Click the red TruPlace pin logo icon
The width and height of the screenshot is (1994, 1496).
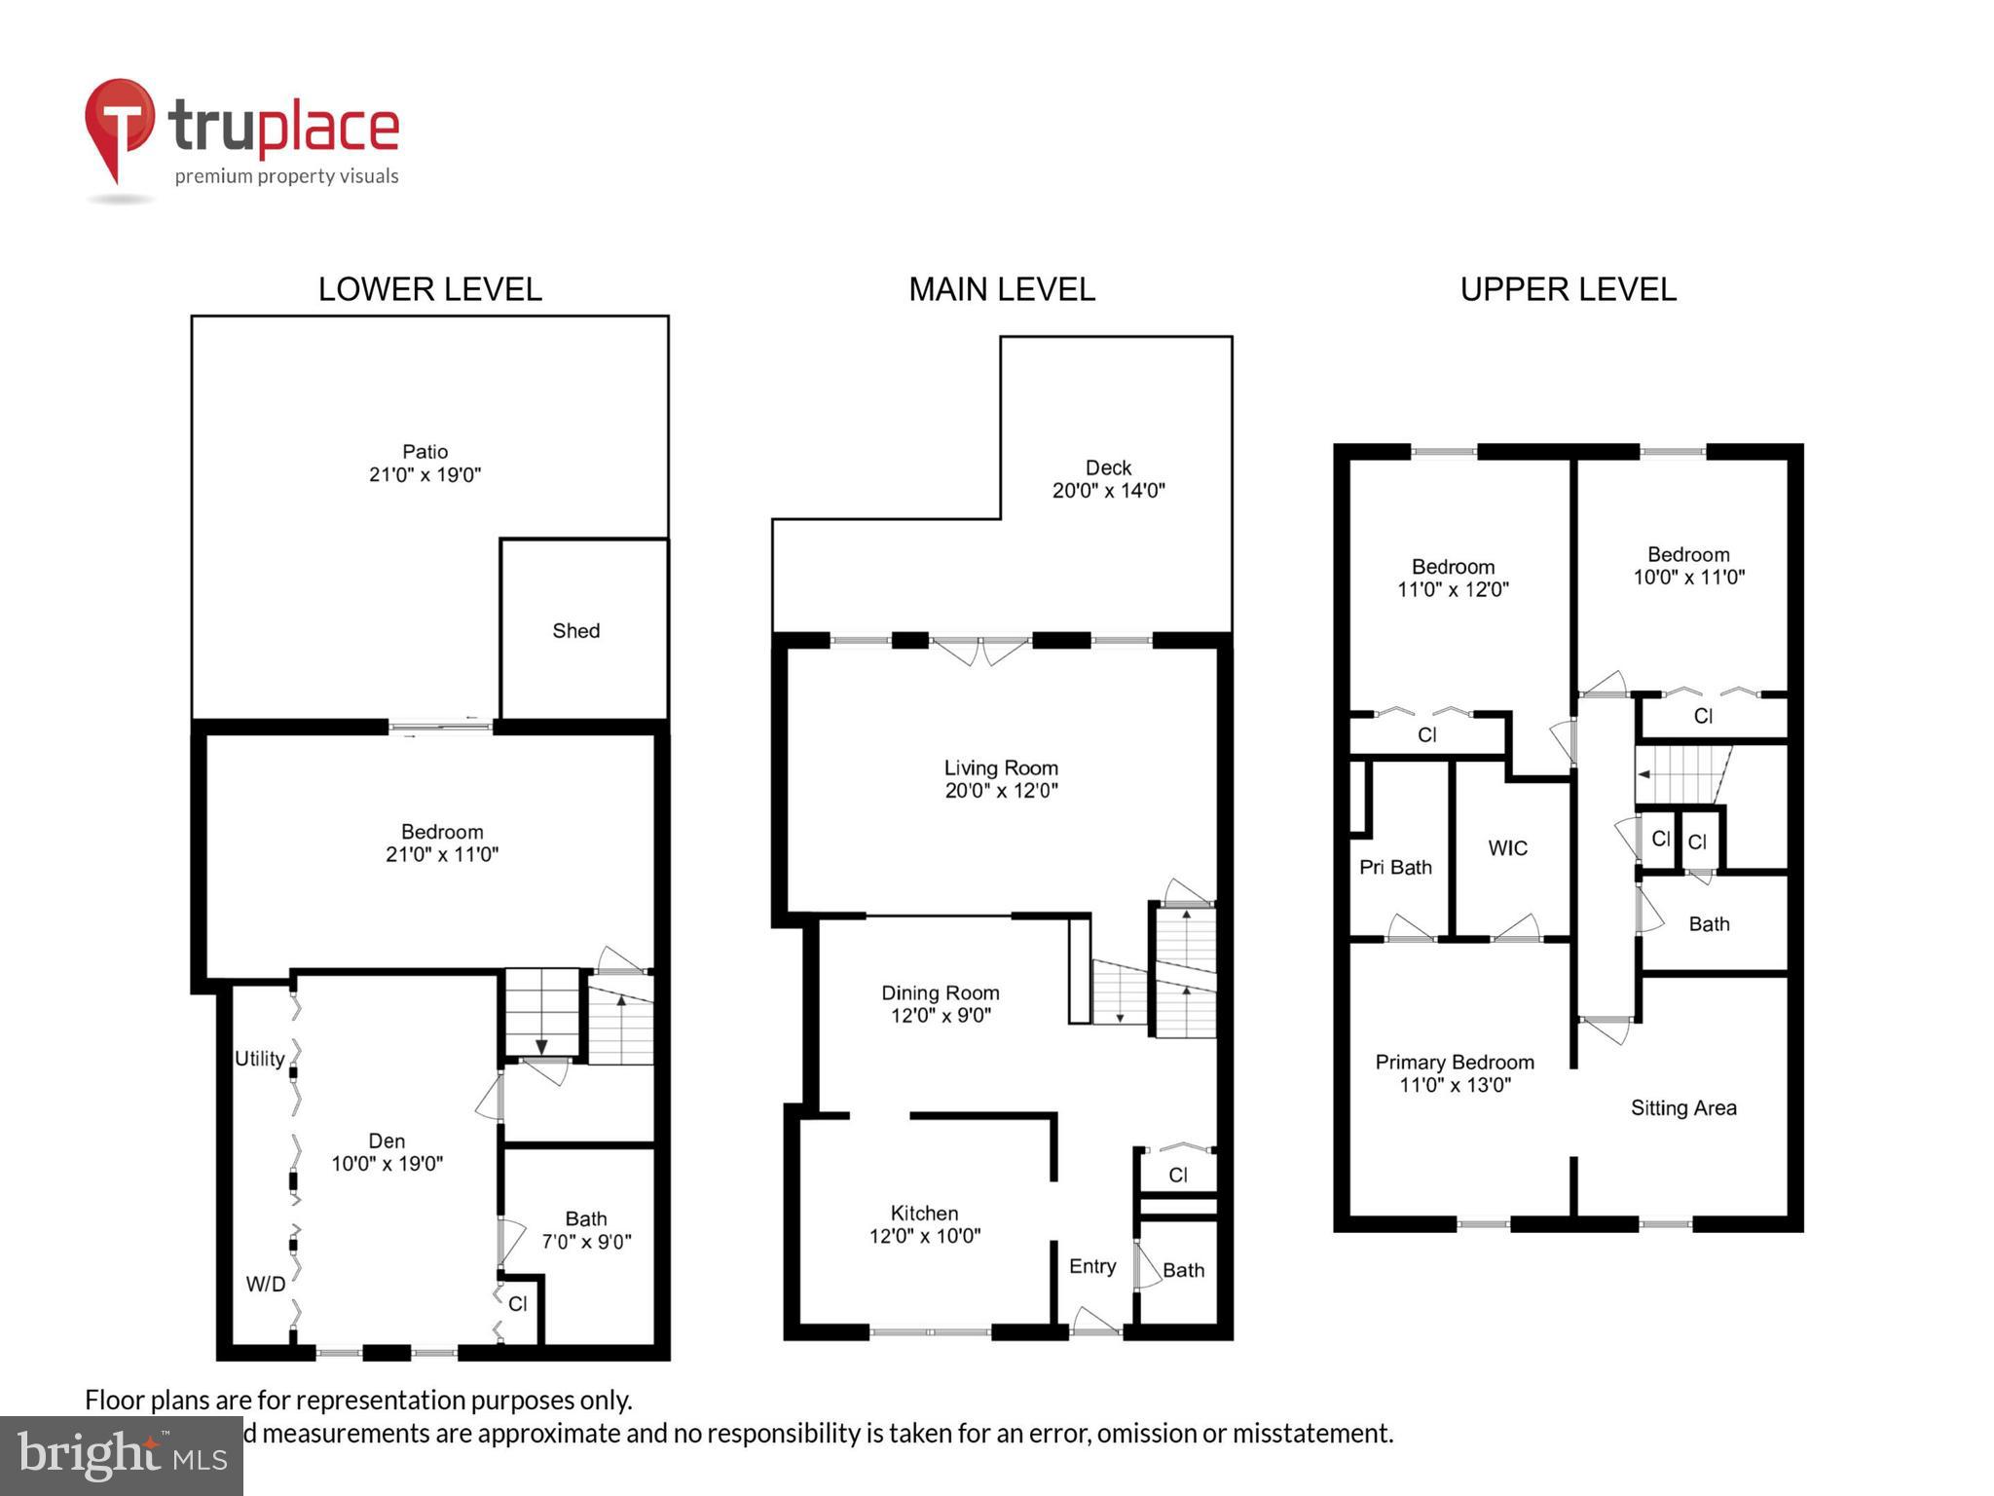click(119, 125)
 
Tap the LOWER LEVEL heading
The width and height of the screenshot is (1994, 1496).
click(429, 289)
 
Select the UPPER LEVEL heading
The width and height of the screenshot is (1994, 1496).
click(1568, 289)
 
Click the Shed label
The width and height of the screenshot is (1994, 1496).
click(575, 631)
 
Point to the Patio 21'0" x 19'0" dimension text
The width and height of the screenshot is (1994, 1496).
click(425, 475)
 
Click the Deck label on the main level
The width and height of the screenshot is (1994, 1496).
click(1108, 467)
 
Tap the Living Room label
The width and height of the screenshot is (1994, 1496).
click(1001, 767)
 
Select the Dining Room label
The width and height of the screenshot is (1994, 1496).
click(940, 992)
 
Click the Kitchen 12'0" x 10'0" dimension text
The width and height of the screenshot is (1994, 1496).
click(924, 1236)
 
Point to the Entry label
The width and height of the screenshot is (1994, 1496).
click(1092, 1266)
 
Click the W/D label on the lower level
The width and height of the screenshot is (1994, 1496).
click(265, 1284)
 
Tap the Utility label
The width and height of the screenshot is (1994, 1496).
click(259, 1059)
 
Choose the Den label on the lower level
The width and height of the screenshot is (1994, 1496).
click(387, 1141)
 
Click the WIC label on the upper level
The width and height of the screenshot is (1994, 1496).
click(1507, 848)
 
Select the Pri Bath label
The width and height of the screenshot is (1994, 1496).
click(1395, 867)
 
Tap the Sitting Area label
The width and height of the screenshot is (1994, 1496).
click(1683, 1107)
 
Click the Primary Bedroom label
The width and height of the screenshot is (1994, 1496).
click(1454, 1062)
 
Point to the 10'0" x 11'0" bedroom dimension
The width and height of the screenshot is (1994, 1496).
click(1688, 577)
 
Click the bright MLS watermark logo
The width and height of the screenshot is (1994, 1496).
click(122, 1455)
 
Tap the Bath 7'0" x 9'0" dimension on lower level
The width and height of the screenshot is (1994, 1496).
click(586, 1242)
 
